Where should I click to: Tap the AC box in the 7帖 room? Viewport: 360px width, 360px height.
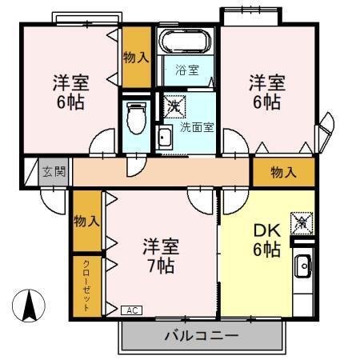pyautogui.click(x=132, y=310)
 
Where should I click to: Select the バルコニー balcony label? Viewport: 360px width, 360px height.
pyautogui.click(x=202, y=335)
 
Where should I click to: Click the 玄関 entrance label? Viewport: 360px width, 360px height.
pyautogui.click(x=54, y=171)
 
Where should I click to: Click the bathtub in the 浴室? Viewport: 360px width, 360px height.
pyautogui.click(x=184, y=41)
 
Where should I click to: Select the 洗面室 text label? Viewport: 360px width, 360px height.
pyautogui.click(x=197, y=126)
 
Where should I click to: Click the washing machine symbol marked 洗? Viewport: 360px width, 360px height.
pyautogui.click(x=174, y=104)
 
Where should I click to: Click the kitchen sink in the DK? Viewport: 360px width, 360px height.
pyautogui.click(x=303, y=266)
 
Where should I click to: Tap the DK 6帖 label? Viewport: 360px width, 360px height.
pyautogui.click(x=266, y=239)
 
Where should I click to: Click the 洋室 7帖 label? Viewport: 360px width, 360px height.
pyautogui.click(x=161, y=255)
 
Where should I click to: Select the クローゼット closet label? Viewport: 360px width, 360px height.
pyautogui.click(x=86, y=286)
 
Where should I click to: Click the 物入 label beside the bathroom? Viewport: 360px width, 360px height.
pyautogui.click(x=135, y=57)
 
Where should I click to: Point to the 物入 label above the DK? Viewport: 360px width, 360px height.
pyautogui.click(x=283, y=171)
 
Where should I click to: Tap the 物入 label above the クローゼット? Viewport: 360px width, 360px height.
pyautogui.click(x=86, y=220)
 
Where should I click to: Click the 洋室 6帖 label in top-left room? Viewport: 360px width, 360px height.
pyautogui.click(x=70, y=92)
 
